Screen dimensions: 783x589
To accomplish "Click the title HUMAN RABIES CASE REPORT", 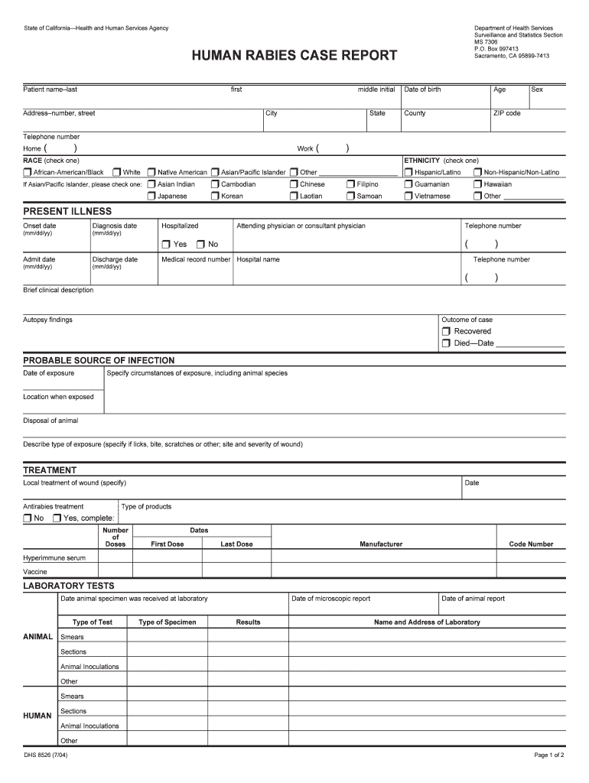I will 294,55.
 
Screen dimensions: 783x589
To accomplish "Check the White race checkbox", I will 118,173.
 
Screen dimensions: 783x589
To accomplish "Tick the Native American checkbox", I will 151,173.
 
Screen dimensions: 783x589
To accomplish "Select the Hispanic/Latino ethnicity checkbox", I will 408,173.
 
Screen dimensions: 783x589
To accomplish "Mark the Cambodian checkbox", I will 215,184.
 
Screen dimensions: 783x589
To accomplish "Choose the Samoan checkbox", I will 351,197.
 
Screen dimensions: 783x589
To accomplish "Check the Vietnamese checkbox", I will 408,197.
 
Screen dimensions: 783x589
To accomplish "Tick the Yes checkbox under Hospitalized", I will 166,245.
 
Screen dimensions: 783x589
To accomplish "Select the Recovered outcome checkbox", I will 446,332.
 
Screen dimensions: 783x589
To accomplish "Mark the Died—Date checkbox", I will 446,344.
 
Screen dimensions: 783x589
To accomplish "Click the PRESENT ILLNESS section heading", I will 67,211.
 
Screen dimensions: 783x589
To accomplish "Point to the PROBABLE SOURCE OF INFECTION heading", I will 99,360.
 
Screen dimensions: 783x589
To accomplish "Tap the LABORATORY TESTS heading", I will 69,586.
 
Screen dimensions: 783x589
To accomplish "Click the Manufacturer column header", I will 381,544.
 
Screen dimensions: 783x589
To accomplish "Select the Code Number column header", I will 531,544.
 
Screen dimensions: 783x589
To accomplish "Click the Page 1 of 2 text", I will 549,755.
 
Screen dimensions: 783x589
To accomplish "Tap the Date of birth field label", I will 422,89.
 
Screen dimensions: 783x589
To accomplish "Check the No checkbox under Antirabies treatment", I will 28,518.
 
